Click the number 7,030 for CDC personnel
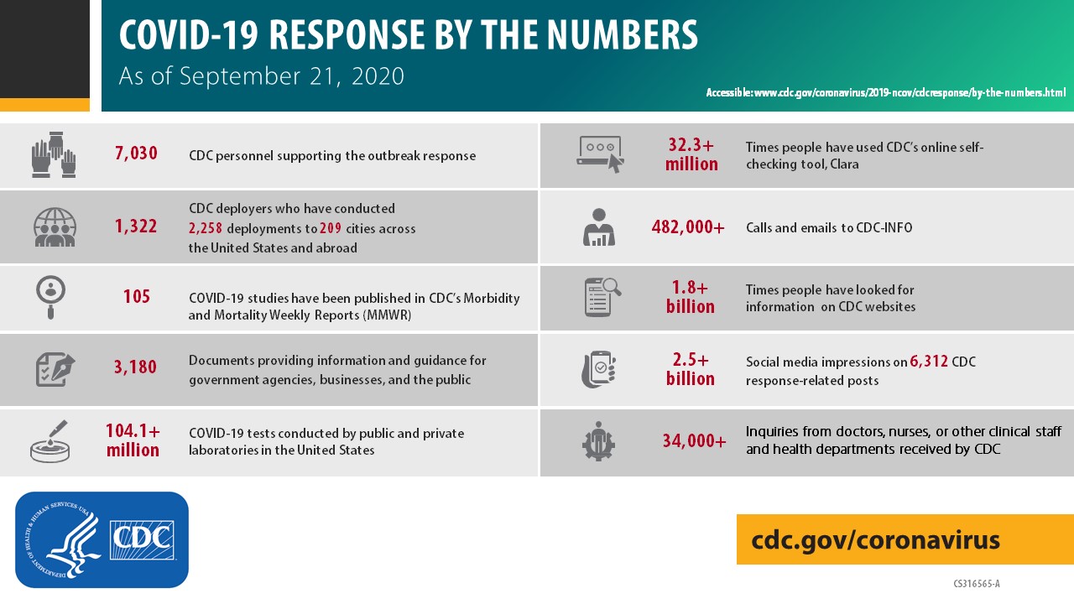(x=136, y=154)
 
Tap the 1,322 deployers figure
(x=136, y=226)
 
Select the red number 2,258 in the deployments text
(x=206, y=228)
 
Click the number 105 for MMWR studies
(x=136, y=297)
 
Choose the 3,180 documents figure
(x=136, y=367)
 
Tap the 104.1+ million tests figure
(x=133, y=440)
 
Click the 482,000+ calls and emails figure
(x=688, y=227)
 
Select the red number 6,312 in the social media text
(x=929, y=362)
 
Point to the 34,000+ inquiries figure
(x=694, y=440)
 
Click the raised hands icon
(x=54, y=154)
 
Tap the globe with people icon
(x=55, y=226)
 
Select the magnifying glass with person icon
(x=52, y=297)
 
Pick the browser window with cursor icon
(x=600, y=154)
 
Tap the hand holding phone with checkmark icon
(x=599, y=369)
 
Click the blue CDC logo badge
(x=102, y=539)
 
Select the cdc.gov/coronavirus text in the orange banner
(x=875, y=539)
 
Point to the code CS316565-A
(x=976, y=583)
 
